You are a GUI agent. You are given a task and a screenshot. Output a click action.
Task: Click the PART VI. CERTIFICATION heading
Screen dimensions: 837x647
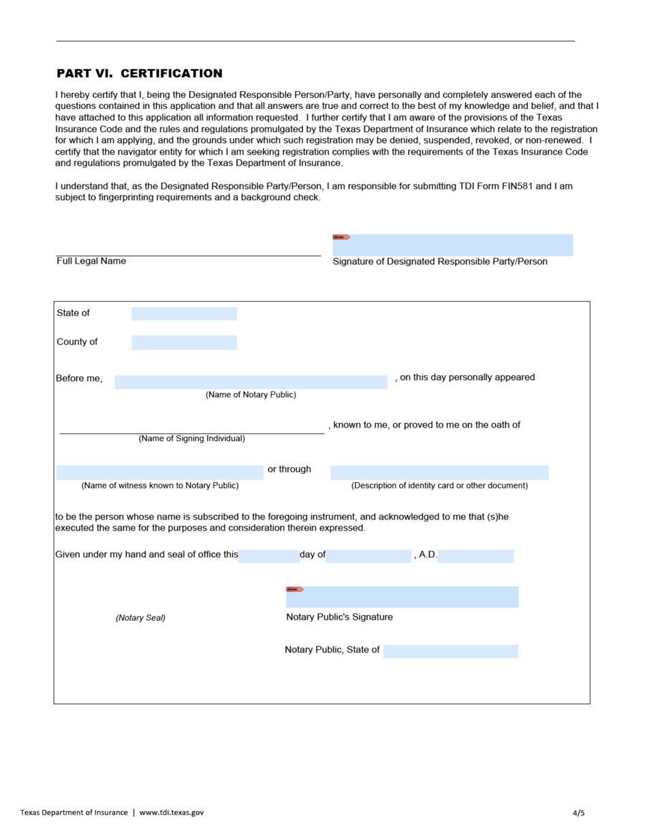point(139,74)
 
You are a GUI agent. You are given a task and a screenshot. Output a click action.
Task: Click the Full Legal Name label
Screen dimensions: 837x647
point(91,262)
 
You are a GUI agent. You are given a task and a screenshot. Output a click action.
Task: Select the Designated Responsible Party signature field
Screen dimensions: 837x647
point(453,246)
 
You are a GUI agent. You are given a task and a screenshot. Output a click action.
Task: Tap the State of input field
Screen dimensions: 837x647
point(184,314)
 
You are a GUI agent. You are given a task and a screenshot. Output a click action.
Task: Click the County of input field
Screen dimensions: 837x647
point(184,343)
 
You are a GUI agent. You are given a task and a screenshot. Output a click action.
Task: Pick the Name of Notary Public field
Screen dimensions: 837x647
point(251,382)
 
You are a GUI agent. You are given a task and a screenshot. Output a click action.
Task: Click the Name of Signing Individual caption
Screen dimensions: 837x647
point(191,439)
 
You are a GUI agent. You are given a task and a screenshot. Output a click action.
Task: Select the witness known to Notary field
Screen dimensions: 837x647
point(159,473)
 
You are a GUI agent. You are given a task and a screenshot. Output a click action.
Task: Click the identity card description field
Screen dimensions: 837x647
point(439,473)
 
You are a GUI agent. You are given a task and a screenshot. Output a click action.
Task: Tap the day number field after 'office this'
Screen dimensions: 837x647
point(268,556)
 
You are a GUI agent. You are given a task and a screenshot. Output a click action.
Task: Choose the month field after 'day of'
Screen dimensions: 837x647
point(368,556)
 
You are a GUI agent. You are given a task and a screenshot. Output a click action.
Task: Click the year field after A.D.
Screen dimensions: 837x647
point(475,556)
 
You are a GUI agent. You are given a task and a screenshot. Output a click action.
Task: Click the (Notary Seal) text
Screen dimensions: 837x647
point(140,618)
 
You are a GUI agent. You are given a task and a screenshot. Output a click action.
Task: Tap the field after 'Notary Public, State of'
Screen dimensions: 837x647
point(450,651)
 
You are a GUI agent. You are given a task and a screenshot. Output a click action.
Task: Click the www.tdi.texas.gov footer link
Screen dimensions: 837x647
point(172,812)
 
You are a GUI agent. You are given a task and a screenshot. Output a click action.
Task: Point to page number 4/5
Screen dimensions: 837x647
point(578,812)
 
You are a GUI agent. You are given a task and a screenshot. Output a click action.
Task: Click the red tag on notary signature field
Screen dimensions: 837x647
point(294,589)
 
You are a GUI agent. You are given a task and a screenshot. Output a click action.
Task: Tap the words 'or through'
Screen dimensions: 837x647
point(289,469)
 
